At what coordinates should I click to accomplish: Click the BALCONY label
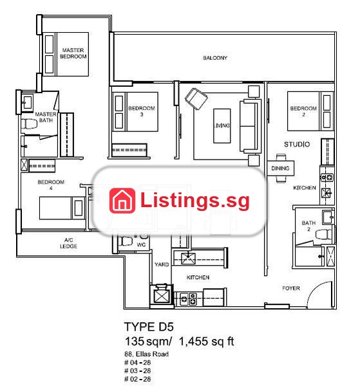coord(215,58)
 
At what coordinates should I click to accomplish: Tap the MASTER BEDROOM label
coord(73,53)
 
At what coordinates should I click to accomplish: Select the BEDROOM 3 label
coord(142,111)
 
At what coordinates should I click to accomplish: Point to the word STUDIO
coord(297,144)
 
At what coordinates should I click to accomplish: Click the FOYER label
coord(290,288)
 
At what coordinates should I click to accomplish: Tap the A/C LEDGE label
coord(68,243)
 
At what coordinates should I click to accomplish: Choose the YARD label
coord(162,264)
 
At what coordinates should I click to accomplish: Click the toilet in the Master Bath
coord(29,124)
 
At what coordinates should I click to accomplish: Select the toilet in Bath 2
coord(324,234)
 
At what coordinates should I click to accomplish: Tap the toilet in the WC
coord(126,241)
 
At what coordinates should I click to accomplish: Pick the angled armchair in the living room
coord(196,98)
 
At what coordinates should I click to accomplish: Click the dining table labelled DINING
coord(280,168)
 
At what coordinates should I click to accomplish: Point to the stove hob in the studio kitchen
coord(327,178)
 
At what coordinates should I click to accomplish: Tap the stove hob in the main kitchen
coord(188,299)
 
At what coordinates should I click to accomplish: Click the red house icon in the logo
coord(122,201)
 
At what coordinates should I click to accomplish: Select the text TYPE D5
coord(149,327)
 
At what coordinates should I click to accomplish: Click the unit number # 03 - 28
coord(137,371)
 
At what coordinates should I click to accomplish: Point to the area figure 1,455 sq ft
coord(206,342)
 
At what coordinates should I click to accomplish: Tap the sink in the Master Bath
coord(26,102)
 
